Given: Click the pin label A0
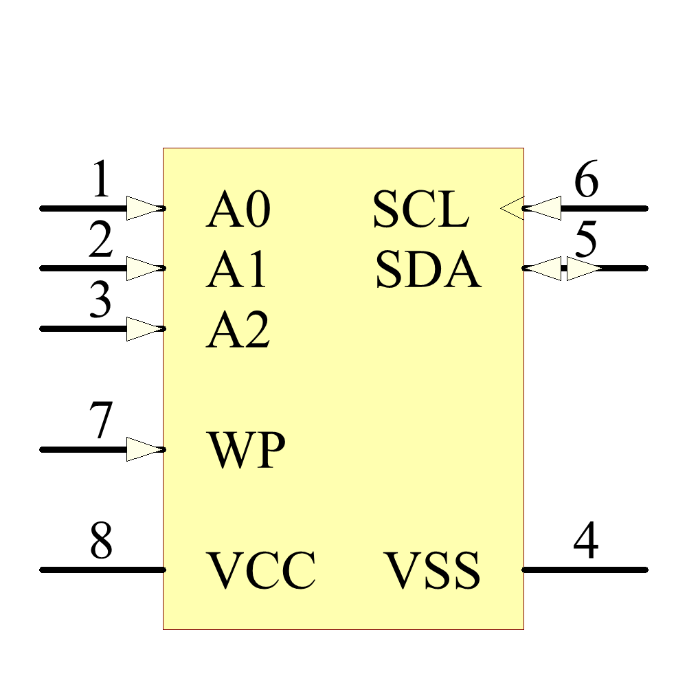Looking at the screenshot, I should pos(238,210).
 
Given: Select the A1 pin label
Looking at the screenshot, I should pos(236,269).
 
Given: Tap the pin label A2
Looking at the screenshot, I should pos(238,330).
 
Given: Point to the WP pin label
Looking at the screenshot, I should pos(246,451).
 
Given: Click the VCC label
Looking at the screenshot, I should pos(262,571).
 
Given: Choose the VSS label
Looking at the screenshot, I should pos(431,571).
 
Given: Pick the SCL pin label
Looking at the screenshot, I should pos(420,210).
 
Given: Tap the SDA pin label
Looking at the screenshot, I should pos(427,269).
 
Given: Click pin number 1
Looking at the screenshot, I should pos(101,181).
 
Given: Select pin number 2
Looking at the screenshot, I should pos(101,241).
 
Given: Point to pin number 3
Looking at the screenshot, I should pos(101,302).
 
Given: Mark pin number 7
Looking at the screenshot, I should pos(101,422).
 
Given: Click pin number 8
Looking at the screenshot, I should pos(101,542).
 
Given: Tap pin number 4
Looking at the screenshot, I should pos(585,542).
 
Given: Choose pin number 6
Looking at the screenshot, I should pos(585,181).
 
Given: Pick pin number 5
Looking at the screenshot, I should pos(585,241).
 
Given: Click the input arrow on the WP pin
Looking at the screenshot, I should pos(145,449).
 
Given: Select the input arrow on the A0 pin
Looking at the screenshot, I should pos(145,208).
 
